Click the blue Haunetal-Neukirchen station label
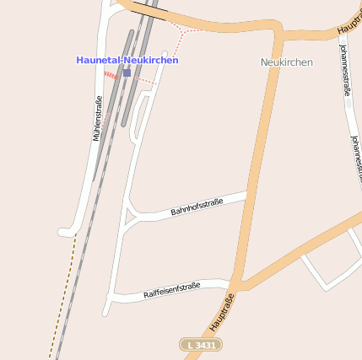click(127, 60)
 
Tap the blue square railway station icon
click(127, 73)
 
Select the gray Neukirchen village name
click(286, 62)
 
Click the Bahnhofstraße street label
click(197, 207)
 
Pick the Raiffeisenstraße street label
click(171, 291)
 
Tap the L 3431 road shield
click(201, 345)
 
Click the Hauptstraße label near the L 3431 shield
click(220, 311)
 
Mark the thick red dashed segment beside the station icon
click(111, 75)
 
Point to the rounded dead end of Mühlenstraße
click(64, 232)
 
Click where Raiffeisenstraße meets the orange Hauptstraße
click(234, 283)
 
